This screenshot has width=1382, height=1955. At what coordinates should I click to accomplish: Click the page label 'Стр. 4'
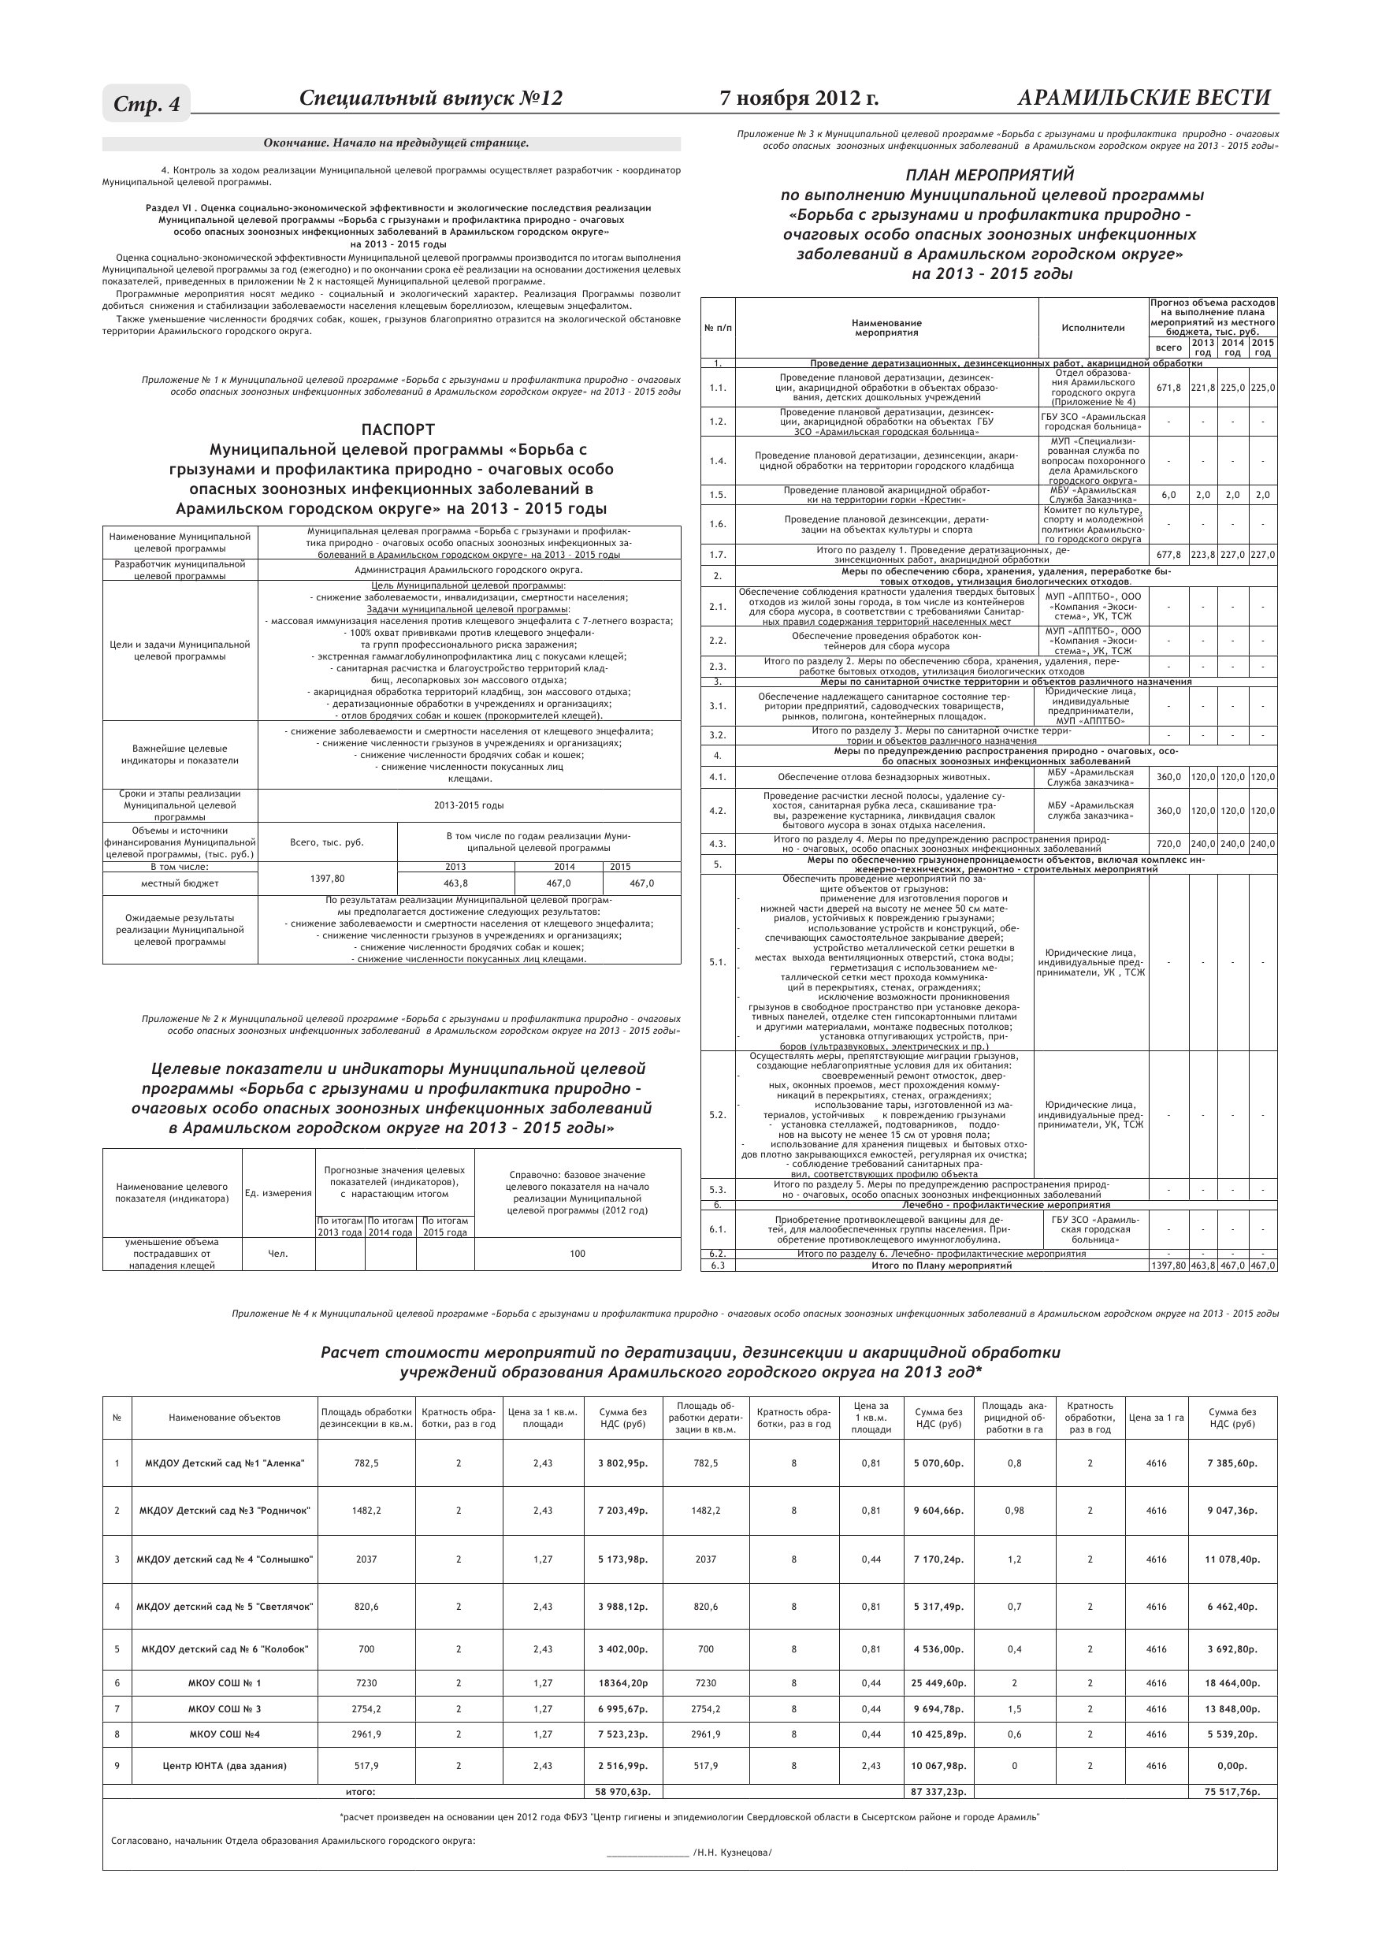click(x=147, y=104)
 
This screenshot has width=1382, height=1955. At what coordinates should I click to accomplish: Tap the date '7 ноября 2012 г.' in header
click(x=799, y=98)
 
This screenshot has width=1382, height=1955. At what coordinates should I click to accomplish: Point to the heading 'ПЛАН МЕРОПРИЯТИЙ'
click(x=990, y=175)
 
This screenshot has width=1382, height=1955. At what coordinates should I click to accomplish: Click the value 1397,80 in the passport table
click(x=327, y=878)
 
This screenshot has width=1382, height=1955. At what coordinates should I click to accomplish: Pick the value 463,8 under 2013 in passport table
click(x=455, y=883)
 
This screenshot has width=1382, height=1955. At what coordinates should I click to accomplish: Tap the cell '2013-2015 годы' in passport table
click(x=468, y=805)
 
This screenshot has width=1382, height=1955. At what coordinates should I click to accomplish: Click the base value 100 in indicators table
click(x=578, y=1254)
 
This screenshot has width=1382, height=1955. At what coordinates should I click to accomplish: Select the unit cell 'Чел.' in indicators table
click(x=277, y=1254)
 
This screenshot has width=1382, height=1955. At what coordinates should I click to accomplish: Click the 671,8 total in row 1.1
click(x=1168, y=388)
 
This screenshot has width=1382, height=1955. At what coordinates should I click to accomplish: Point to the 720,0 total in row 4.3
click(x=1168, y=844)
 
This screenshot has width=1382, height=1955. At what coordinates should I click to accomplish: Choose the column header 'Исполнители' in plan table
click(x=1093, y=328)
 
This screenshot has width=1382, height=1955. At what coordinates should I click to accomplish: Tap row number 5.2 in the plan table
click(x=717, y=1114)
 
